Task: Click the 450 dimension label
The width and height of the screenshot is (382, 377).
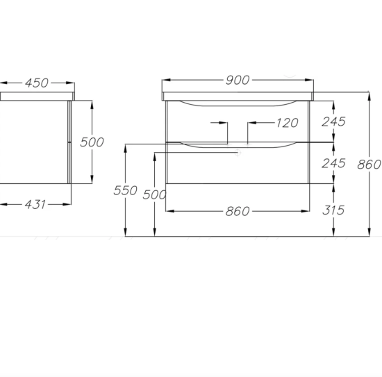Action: tap(37, 83)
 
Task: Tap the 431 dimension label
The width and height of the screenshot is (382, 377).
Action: tap(35, 205)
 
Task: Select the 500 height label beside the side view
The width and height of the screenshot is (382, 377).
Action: tap(92, 142)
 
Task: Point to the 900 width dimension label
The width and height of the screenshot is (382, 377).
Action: tap(238, 80)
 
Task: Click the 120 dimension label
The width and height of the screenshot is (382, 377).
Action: tap(288, 123)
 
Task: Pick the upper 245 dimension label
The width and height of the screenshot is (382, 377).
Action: tap(334, 122)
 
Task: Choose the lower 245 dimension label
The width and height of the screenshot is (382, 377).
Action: tap(334, 163)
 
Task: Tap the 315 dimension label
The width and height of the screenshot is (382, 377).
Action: tap(333, 210)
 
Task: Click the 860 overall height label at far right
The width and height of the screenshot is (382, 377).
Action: tap(369, 165)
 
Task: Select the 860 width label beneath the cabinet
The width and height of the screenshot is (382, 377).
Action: tap(238, 211)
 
